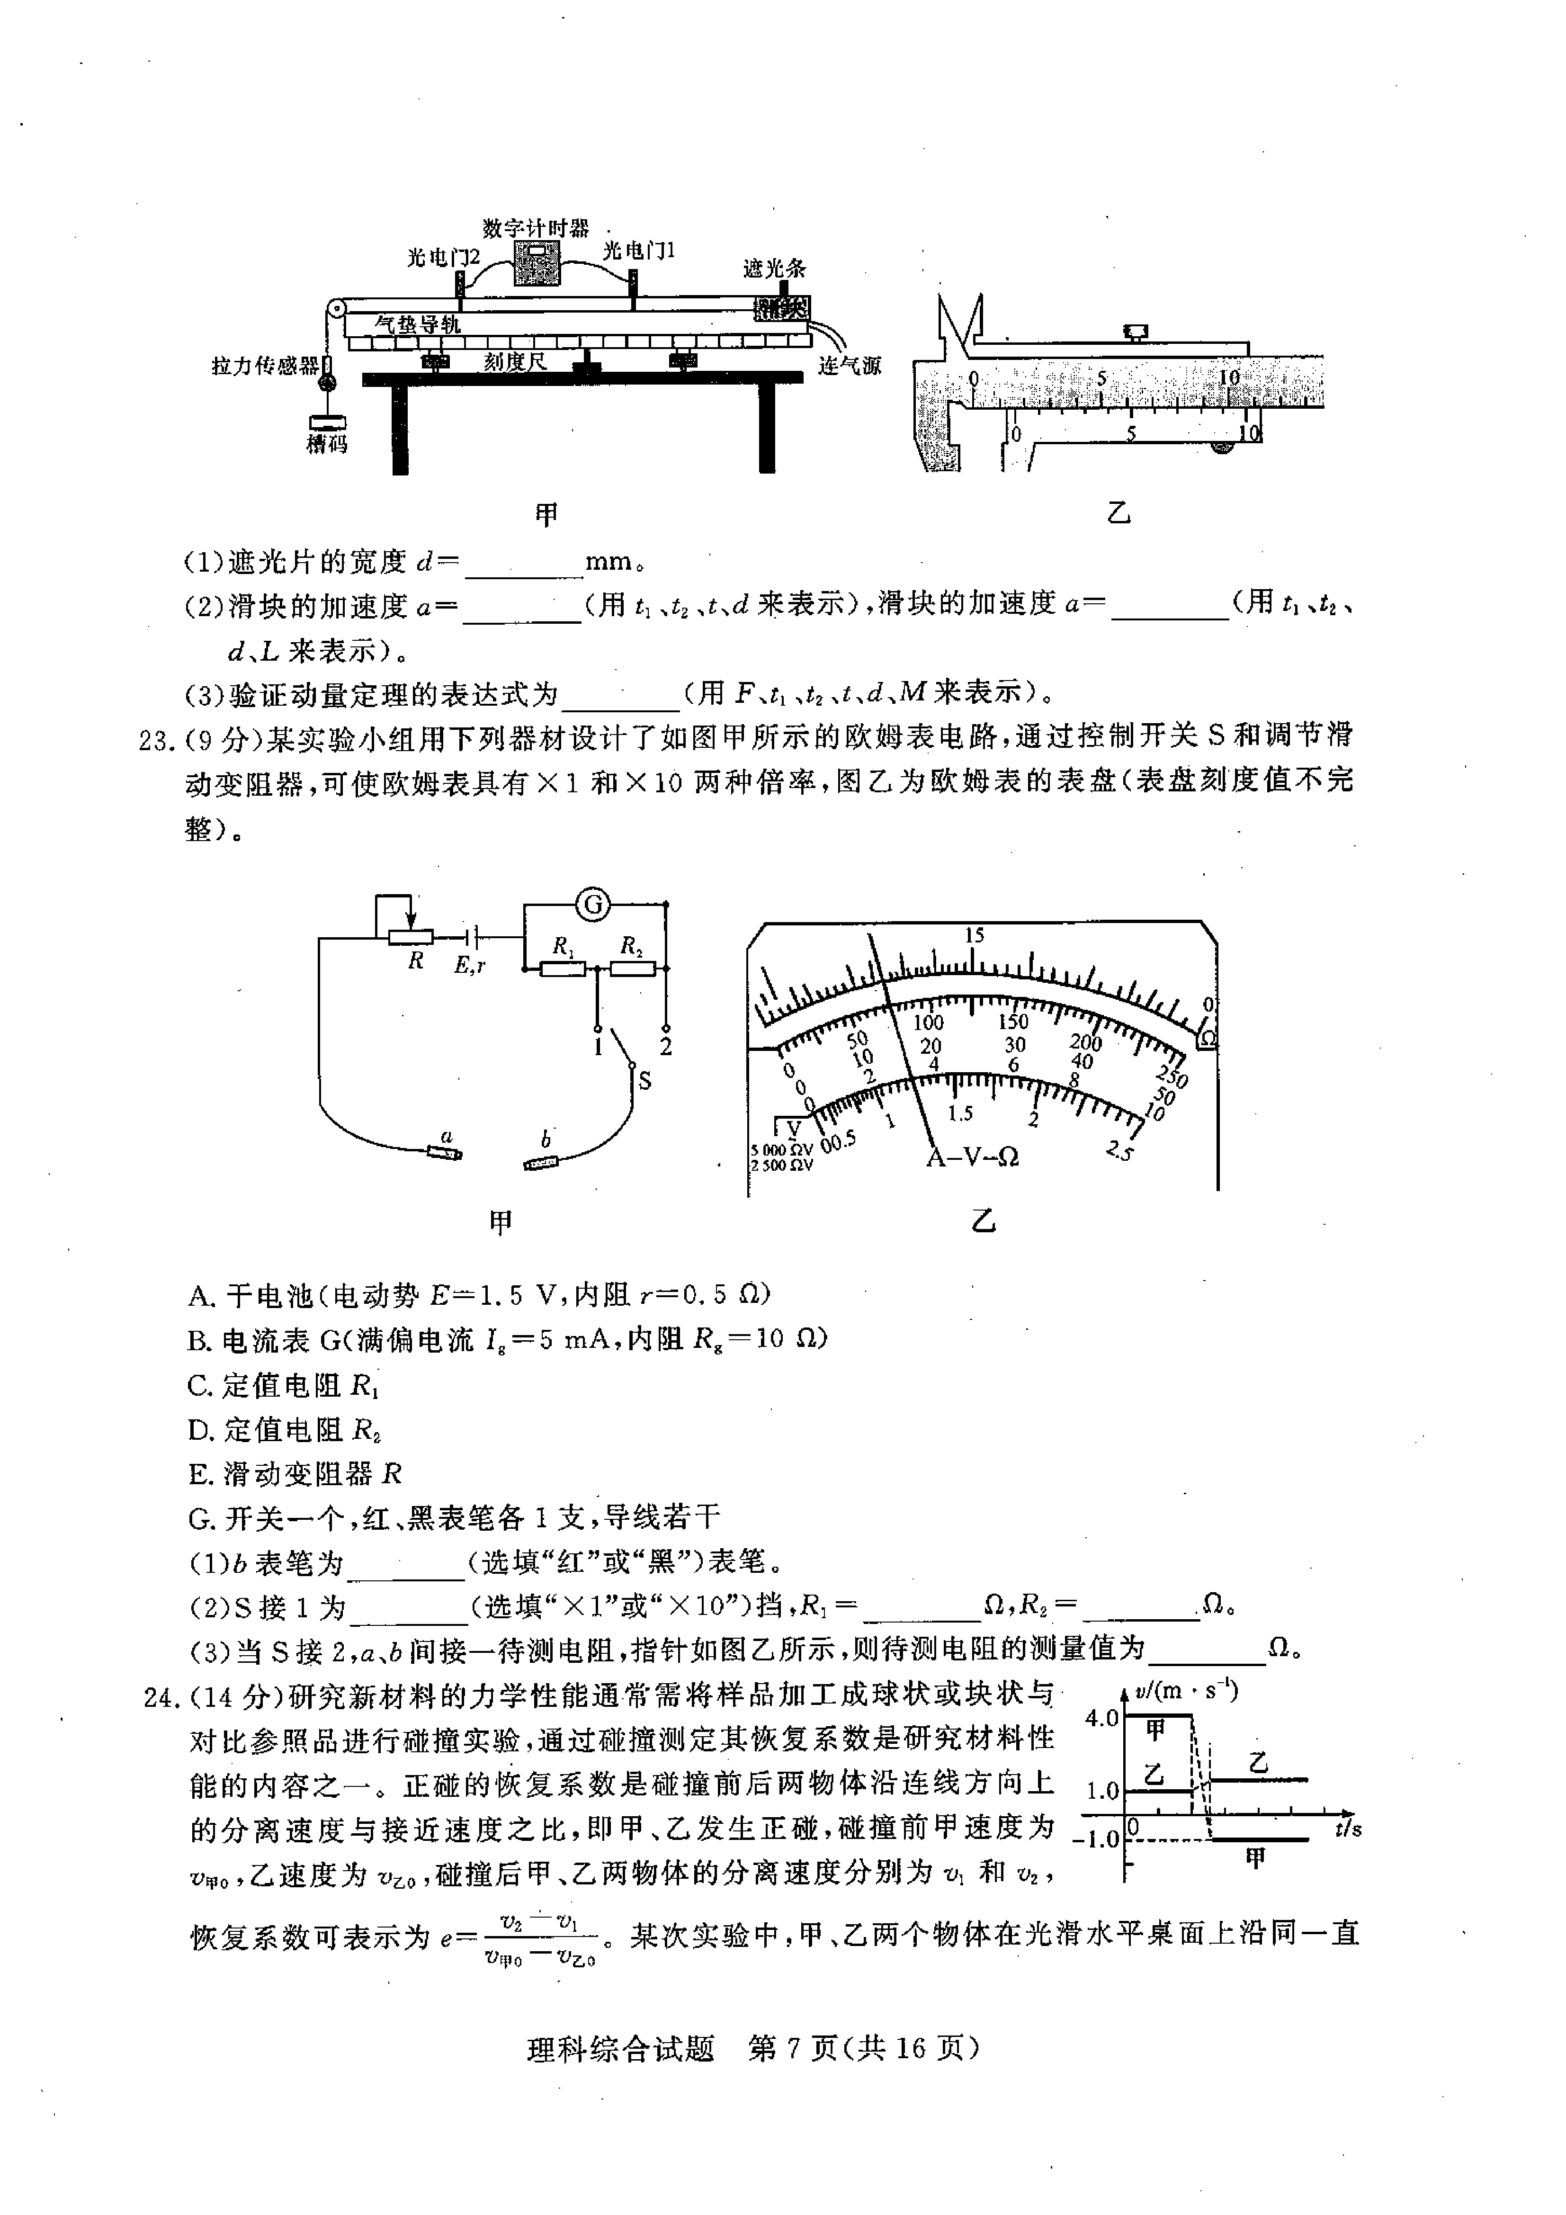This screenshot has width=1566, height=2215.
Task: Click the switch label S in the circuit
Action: click(644, 1080)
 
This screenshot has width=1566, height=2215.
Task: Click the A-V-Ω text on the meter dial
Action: click(973, 1157)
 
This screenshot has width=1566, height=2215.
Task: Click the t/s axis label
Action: click(1347, 1828)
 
